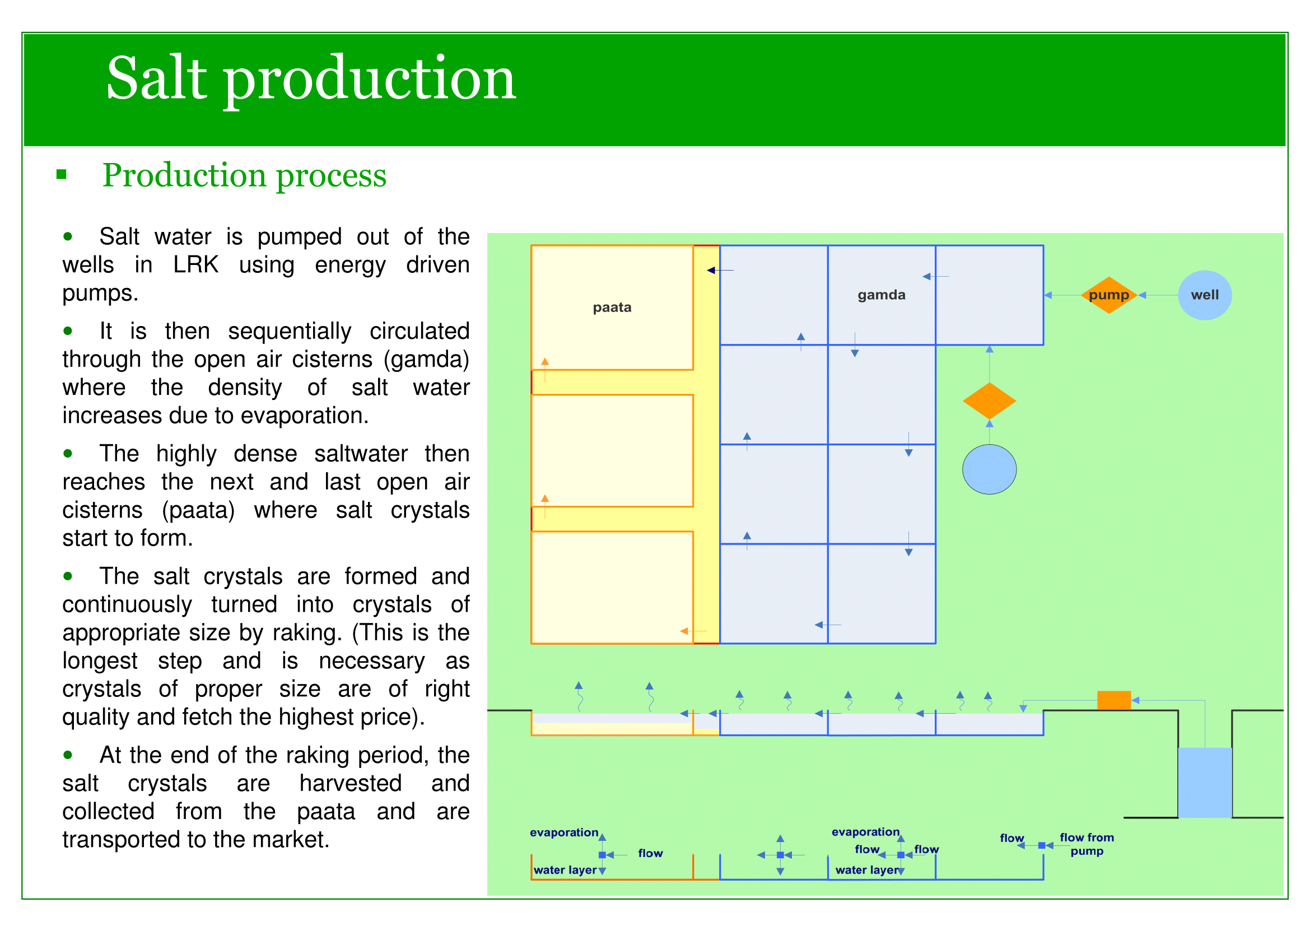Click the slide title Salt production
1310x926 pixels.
point(311,79)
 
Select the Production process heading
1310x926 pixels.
point(244,175)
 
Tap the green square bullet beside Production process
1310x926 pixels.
point(62,175)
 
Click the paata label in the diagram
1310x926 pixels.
point(612,308)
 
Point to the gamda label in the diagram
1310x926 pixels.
point(881,295)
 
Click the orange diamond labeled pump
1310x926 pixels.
point(1108,295)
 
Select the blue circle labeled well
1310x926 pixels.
point(1205,295)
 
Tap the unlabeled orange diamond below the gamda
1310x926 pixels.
point(989,401)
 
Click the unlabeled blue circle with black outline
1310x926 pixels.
point(989,469)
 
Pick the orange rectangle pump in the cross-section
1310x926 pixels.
point(1114,700)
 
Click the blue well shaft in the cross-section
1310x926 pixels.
point(1205,782)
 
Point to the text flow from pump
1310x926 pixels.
point(1087,844)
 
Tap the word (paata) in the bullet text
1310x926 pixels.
point(198,510)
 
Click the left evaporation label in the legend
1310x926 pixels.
point(564,832)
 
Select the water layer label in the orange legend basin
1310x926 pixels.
point(565,870)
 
